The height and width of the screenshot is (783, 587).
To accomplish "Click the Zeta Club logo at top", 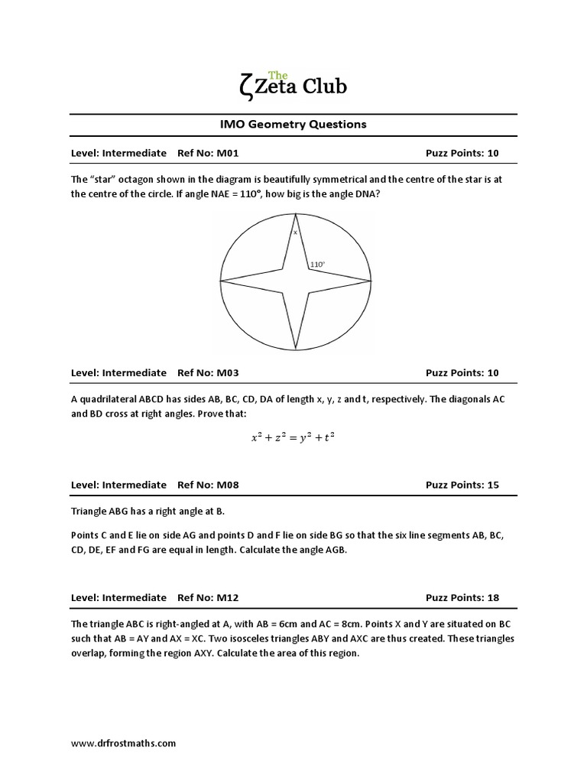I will (x=293, y=83).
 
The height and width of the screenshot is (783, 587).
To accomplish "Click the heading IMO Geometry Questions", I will (x=293, y=124).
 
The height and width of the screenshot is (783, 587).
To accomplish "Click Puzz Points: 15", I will (x=462, y=485).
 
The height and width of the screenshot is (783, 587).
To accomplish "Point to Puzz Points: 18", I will (x=462, y=597).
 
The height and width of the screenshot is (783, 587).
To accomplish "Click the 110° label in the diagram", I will (x=317, y=265).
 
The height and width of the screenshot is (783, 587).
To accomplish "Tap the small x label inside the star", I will (x=295, y=232).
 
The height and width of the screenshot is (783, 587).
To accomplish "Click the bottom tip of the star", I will (x=296, y=350).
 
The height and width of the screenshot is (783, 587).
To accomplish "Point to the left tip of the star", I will (x=221, y=282).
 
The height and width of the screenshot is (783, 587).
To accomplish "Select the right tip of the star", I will (x=371, y=281).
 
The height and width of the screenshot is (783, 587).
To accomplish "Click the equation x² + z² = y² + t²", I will (x=293, y=437).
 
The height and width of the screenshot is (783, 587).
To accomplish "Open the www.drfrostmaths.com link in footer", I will (x=123, y=742).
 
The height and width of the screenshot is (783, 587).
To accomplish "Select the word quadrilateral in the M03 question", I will (x=112, y=398).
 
